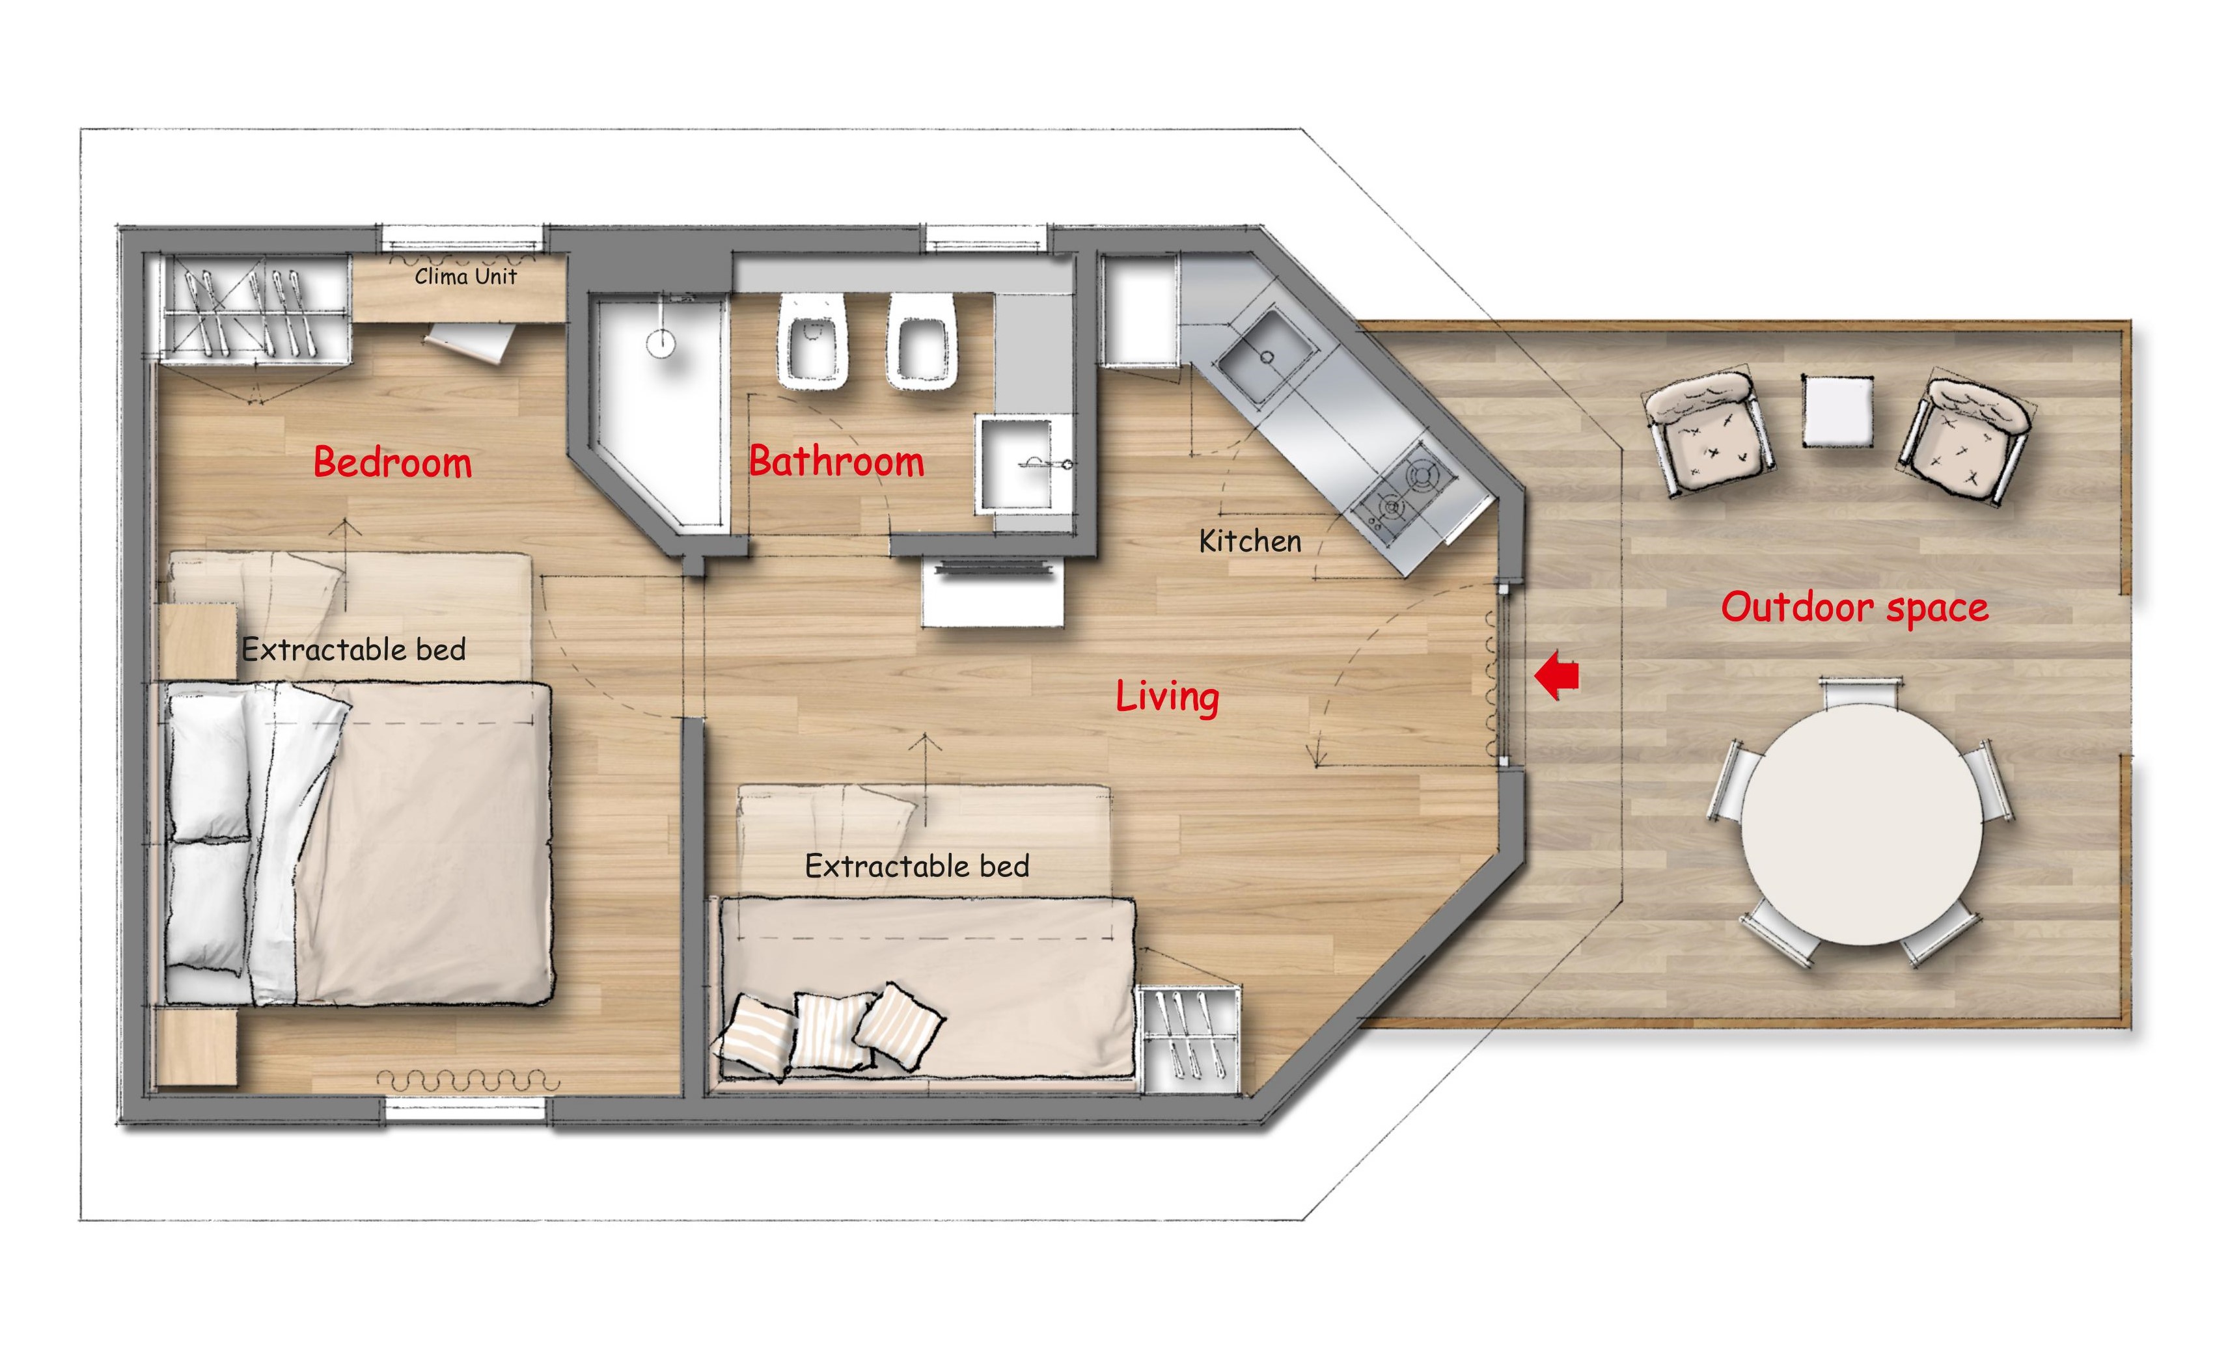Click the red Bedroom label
tap(392, 462)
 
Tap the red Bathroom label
tap(836, 461)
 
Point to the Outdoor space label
tap(1854, 608)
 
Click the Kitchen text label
tap(1250, 541)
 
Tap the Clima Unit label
tap(465, 276)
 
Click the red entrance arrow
tap(1557, 675)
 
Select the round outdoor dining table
tap(1863, 824)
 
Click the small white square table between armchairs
tap(1837, 411)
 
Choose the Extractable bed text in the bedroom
tap(353, 649)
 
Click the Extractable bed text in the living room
tap(917, 866)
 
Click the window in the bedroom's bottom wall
tap(465, 1110)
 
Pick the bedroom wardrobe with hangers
tap(255, 309)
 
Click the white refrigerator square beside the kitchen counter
tap(1139, 310)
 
